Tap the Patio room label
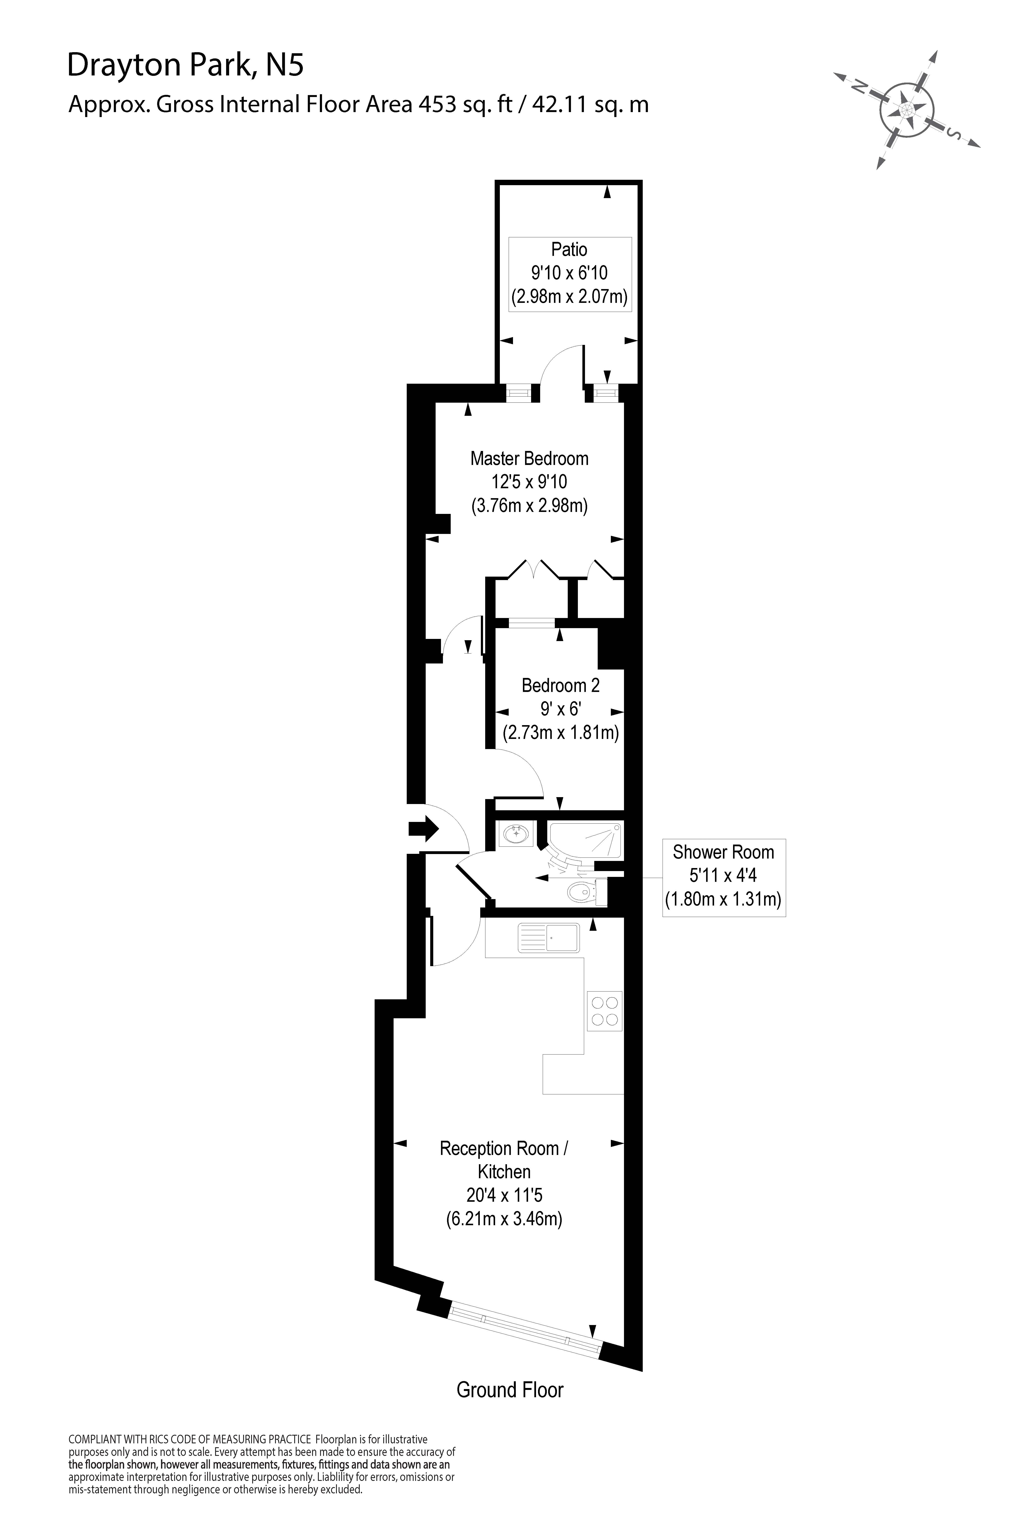(x=569, y=249)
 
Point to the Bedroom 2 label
(x=560, y=686)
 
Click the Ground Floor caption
(x=510, y=1390)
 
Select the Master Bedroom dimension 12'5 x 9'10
(x=529, y=482)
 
